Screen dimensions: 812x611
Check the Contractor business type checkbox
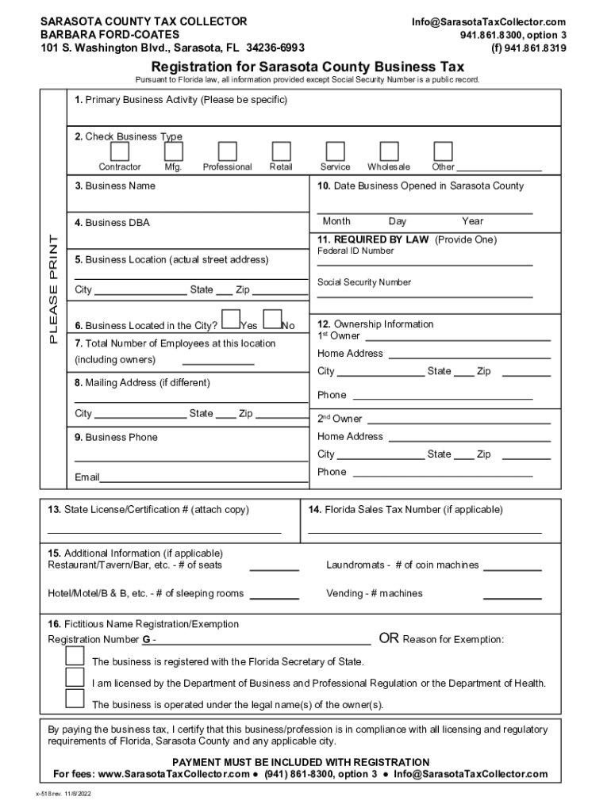pos(120,151)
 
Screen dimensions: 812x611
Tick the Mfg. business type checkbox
pos(173,151)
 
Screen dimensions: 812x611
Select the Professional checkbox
pos(227,151)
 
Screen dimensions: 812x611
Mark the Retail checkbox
pos(281,151)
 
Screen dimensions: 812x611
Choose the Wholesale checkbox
pos(389,151)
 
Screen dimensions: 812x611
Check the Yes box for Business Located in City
pos(231,318)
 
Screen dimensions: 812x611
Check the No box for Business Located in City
pos(272,318)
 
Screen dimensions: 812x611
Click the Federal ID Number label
pos(355,251)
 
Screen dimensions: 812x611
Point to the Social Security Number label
pos(364,282)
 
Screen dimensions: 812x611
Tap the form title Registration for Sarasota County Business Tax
pos(308,67)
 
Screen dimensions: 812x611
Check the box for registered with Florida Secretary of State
pos(75,656)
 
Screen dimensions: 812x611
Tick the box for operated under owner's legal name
pos(75,698)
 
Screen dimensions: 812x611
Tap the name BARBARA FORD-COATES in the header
pos(110,35)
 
